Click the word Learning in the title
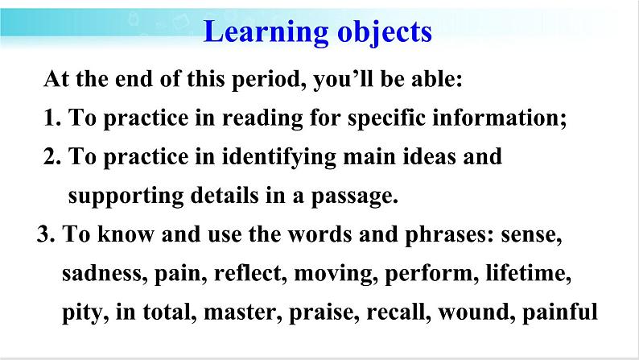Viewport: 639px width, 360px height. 266,32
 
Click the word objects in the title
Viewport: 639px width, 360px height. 385,32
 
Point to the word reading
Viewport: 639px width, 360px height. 262,118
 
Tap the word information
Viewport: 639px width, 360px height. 499,118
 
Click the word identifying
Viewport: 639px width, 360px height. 278,157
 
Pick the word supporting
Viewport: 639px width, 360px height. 126,196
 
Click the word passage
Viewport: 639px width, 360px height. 354,196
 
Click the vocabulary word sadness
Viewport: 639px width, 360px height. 105,273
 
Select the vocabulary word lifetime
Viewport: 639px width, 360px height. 528,273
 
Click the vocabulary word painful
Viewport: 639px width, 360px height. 560,312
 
